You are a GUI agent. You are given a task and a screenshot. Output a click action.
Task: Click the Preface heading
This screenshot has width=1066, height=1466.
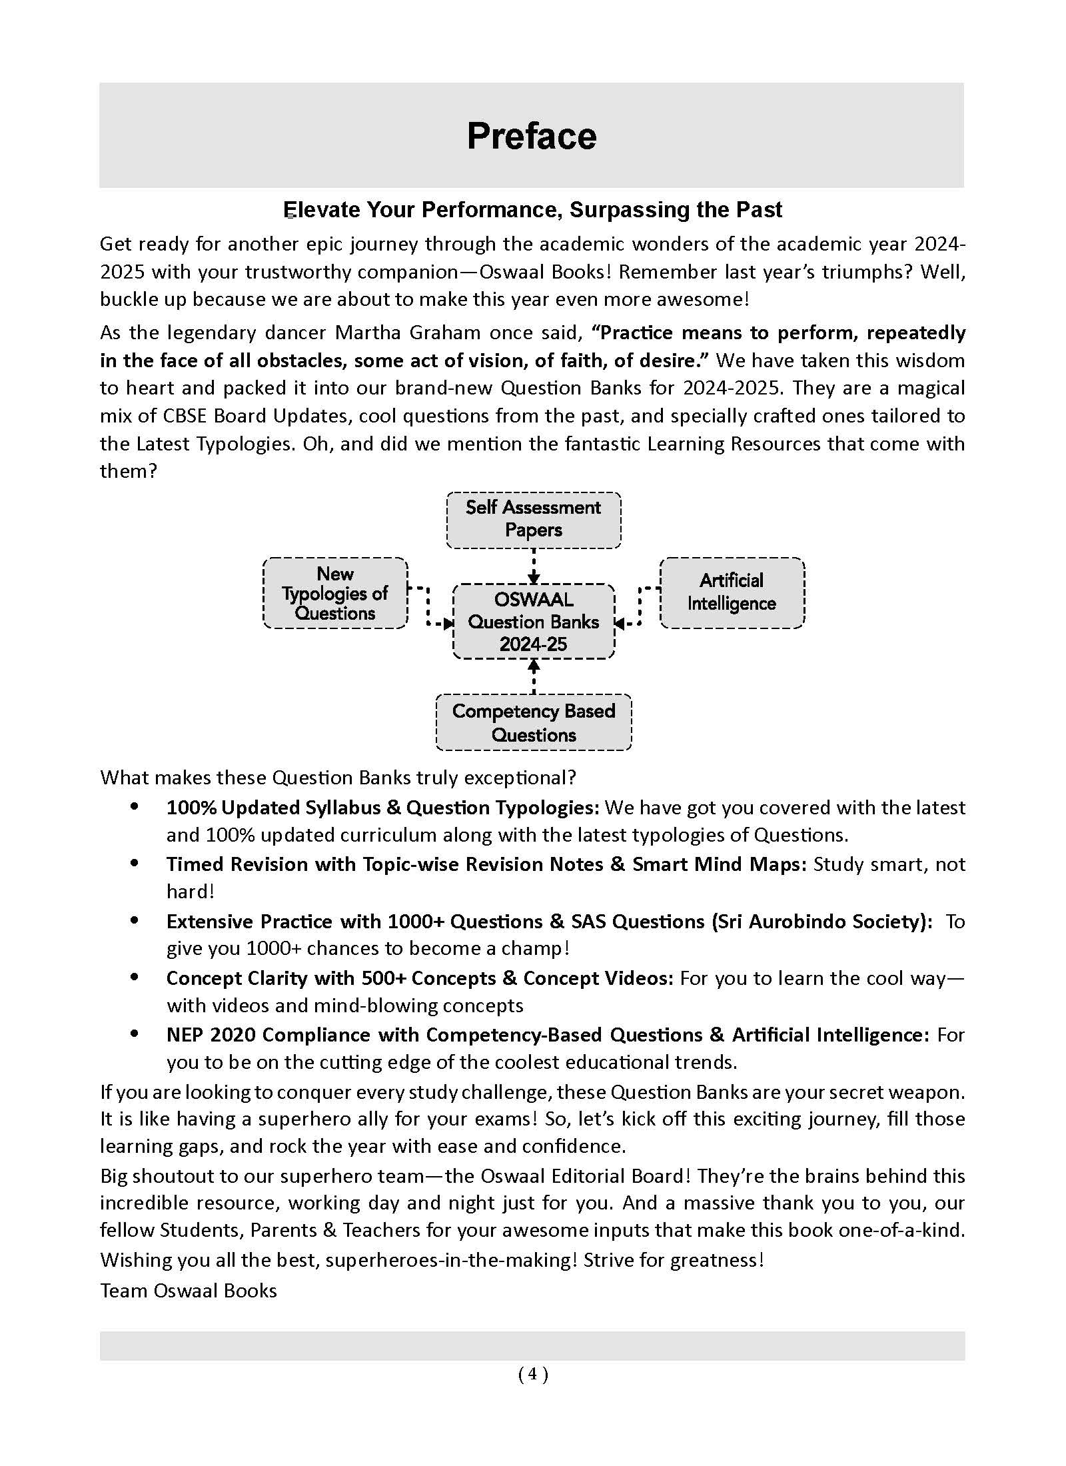pos(532,137)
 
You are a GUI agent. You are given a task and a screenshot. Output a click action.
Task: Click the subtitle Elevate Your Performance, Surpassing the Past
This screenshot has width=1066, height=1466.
pos(532,210)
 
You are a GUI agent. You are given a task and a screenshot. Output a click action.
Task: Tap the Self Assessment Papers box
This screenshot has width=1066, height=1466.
pos(533,519)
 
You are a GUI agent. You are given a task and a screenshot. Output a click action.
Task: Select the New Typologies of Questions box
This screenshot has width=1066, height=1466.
pos(335,593)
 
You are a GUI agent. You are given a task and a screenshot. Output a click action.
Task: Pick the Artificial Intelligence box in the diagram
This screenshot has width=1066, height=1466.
pos(732,592)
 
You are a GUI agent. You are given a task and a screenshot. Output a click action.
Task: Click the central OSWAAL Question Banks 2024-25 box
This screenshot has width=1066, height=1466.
pos(533,622)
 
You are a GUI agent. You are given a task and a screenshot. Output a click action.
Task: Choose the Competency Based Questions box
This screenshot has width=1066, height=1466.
pos(533,723)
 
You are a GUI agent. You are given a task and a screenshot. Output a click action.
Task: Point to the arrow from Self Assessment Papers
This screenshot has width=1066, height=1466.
pos(534,566)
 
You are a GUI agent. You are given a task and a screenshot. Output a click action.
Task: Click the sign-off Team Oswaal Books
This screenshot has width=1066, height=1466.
pos(189,1291)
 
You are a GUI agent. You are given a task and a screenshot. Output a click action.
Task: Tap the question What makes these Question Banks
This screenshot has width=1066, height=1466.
pos(338,778)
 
